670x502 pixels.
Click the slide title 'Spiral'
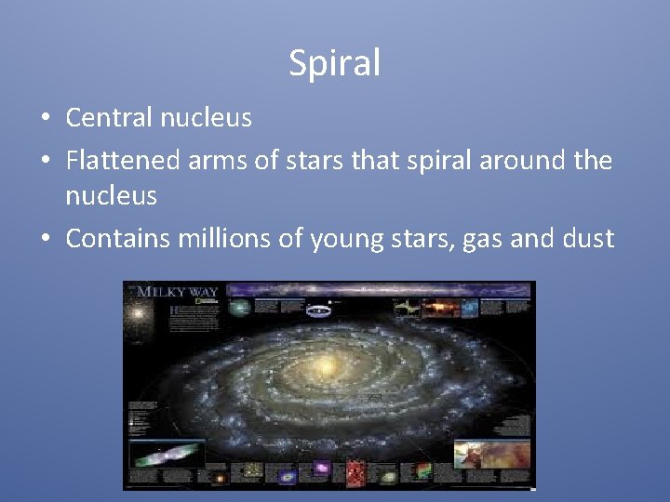tap(335, 63)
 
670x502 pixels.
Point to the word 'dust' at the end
tap(585, 239)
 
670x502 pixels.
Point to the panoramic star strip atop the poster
tap(372, 289)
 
